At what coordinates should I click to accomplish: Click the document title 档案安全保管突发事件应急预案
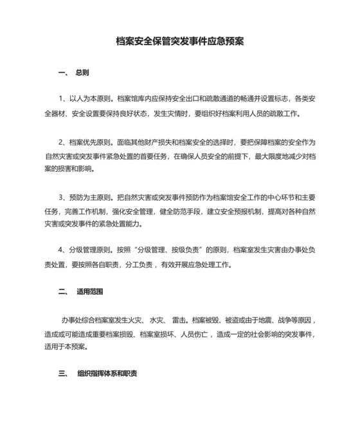pyautogui.click(x=179, y=41)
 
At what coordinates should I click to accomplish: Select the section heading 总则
pyautogui.click(x=82, y=73)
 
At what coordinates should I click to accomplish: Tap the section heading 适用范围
pyautogui.click(x=90, y=291)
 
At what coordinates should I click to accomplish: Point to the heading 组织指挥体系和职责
pyautogui.click(x=107, y=373)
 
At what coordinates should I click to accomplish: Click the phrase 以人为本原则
pyautogui.click(x=91, y=100)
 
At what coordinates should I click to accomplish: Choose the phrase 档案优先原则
pyautogui.click(x=91, y=142)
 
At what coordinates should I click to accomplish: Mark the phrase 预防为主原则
pyautogui.click(x=91, y=197)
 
